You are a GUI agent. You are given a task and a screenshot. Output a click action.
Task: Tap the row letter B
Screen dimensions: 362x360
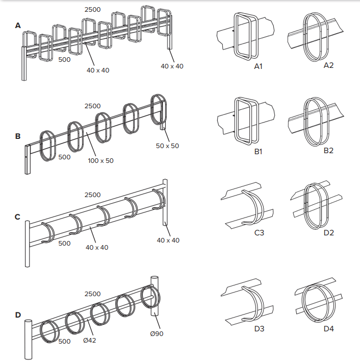pyautogui.click(x=18, y=136)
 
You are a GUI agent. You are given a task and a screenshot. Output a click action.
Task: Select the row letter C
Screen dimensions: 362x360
pyautogui.click(x=18, y=217)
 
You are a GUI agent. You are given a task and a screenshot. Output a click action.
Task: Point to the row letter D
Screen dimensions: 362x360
pyautogui.click(x=18, y=315)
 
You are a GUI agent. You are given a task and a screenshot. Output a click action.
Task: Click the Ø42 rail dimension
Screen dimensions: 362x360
pyautogui.click(x=90, y=340)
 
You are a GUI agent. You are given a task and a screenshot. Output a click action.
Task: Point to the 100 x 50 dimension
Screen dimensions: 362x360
pyautogui.click(x=101, y=160)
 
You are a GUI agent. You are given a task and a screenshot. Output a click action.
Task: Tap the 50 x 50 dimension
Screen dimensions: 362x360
pyautogui.click(x=167, y=146)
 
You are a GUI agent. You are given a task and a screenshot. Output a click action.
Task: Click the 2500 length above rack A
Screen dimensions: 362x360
pyautogui.click(x=92, y=9)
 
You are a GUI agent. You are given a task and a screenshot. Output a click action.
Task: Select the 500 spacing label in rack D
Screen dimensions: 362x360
pyautogui.click(x=64, y=341)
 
